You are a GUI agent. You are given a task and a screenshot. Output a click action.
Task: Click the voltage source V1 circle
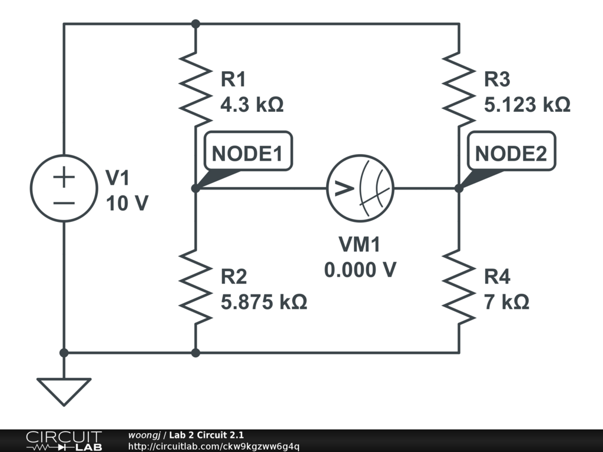64,188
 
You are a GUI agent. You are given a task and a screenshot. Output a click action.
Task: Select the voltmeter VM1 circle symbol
360,188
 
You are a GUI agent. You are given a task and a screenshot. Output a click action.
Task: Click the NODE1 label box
247,154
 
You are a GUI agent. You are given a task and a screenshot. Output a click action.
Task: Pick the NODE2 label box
511,154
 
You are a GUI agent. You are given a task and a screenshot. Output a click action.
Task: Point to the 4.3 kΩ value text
251,105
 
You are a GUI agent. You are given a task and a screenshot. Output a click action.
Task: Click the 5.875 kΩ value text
263,303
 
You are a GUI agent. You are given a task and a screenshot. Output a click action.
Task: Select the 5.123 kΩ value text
526,105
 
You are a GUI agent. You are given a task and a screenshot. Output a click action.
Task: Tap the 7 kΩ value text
506,303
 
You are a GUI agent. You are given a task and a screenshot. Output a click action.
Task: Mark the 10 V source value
127,204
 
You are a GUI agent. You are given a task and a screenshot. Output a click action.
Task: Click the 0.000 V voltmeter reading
360,270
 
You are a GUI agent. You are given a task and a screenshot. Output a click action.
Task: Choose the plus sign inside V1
64,177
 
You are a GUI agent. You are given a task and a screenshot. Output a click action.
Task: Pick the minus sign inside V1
64,203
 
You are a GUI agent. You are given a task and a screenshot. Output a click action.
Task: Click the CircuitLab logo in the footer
63,441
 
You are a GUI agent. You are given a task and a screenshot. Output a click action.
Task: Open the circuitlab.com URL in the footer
213,446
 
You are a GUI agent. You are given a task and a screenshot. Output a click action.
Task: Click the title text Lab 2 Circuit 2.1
206,435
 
